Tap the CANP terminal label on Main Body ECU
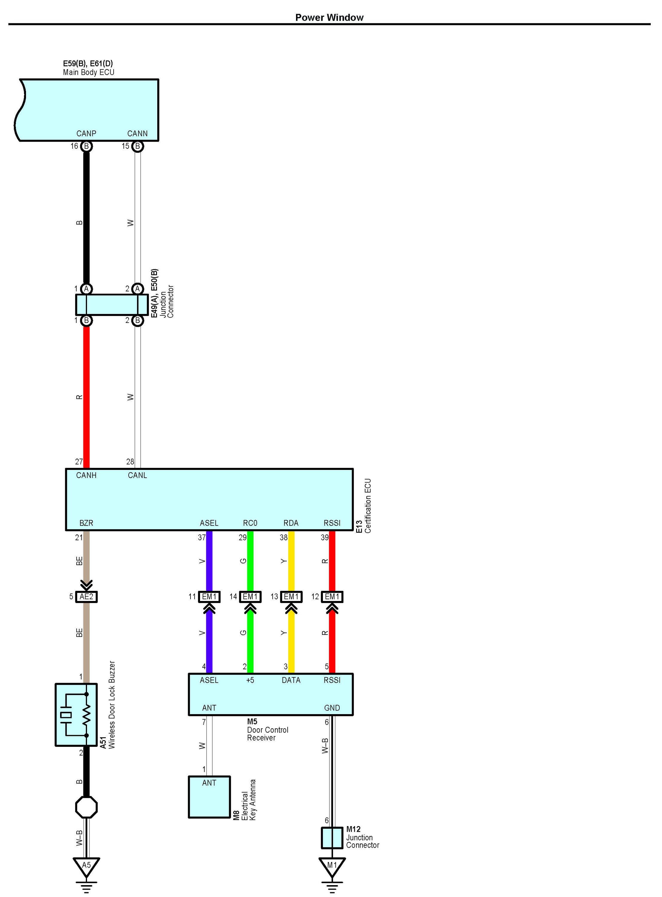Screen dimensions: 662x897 coord(86,133)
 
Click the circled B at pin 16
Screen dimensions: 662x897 coord(86,146)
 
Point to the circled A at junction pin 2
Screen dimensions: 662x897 coord(138,289)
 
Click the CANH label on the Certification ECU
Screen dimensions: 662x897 coord(86,475)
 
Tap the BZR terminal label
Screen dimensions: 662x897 coord(86,523)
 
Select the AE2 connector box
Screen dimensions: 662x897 coord(86,597)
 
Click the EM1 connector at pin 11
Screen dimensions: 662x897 coord(209,597)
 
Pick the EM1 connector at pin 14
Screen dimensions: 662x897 coord(250,597)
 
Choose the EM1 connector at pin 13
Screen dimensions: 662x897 coord(291,597)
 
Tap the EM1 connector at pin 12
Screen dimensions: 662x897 coord(332,597)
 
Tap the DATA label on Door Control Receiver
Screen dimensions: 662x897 coord(291,680)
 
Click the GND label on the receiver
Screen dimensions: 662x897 coord(332,708)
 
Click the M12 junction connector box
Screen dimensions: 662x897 coord(332,838)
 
